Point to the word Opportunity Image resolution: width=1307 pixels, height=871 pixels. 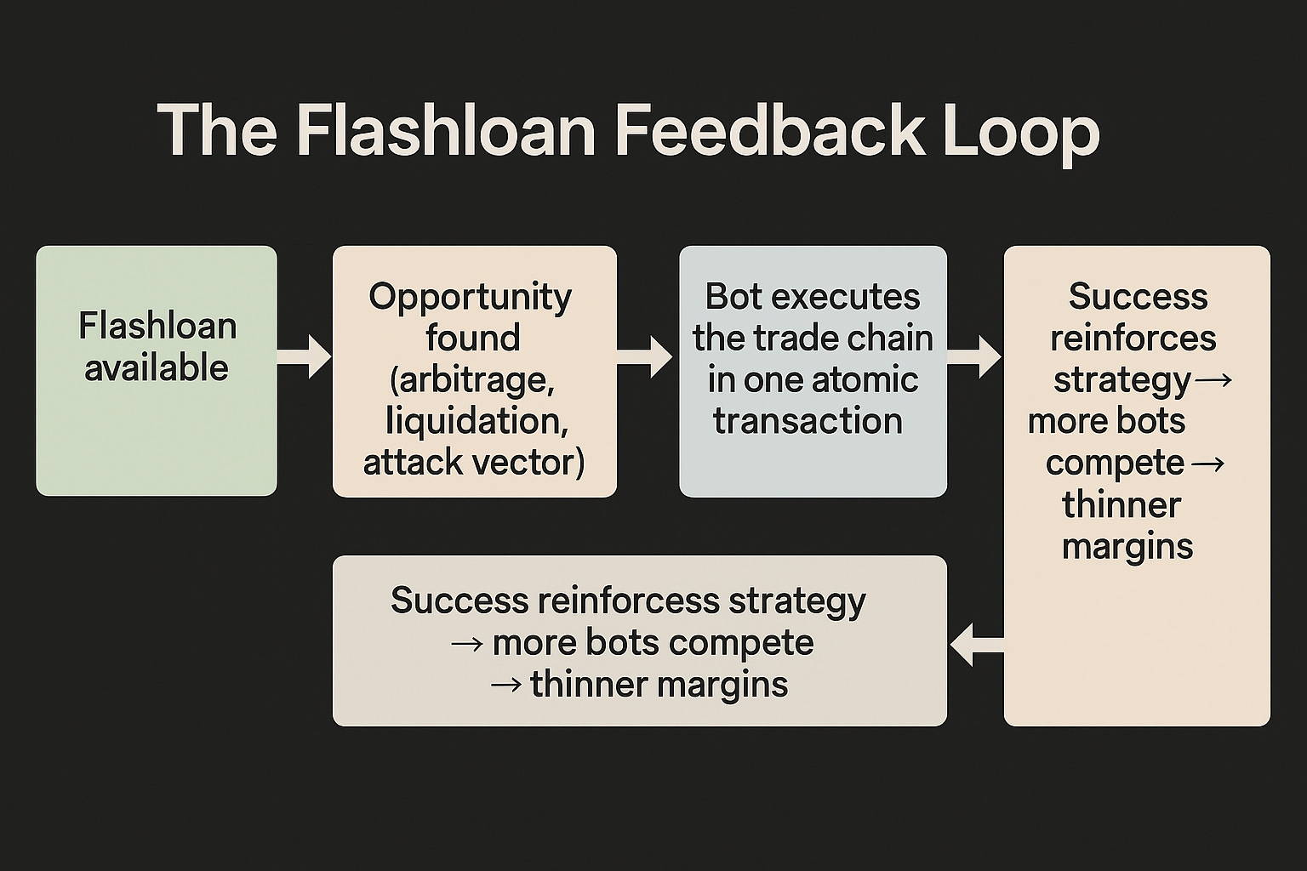click(x=470, y=297)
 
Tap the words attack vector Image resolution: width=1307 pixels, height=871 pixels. click(x=474, y=463)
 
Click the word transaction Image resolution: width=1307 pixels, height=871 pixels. click(x=808, y=421)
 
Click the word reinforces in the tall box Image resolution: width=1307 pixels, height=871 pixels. click(x=1133, y=338)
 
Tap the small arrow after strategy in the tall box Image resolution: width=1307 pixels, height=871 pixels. click(x=1213, y=379)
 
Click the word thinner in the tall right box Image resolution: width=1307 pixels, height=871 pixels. click(x=1122, y=504)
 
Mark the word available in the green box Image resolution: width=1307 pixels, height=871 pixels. click(x=157, y=368)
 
